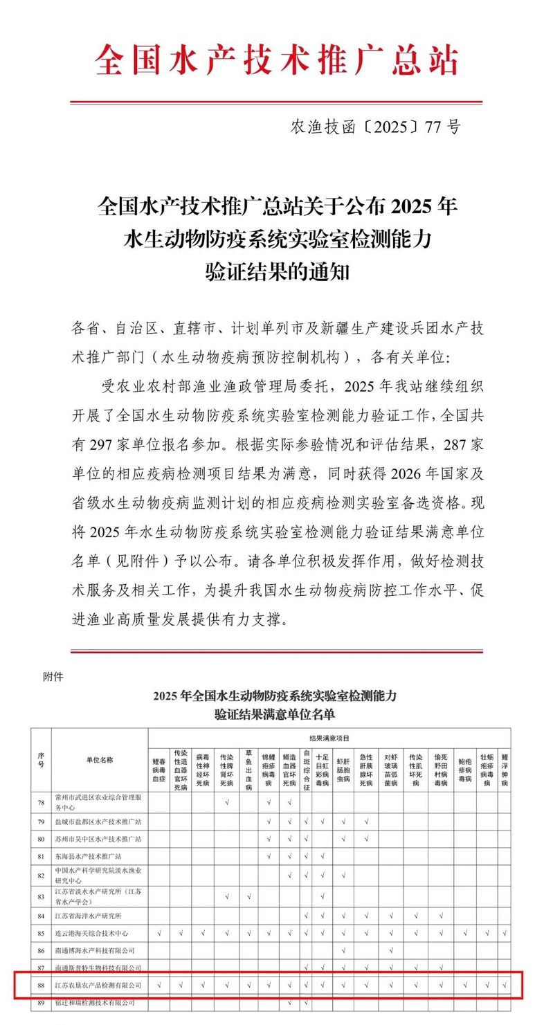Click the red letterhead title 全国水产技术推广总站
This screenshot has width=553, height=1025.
[276, 60]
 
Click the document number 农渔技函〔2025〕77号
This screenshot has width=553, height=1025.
[375, 127]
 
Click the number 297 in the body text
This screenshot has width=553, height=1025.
[106, 443]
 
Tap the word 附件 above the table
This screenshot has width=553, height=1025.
[53, 677]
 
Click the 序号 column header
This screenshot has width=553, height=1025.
[41, 760]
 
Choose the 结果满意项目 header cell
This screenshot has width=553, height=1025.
[329, 738]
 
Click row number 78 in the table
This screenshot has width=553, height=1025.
[41, 802]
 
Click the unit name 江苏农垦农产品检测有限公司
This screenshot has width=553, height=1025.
[98, 984]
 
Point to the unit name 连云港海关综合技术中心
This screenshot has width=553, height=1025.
[91, 933]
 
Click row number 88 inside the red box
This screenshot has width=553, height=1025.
[41, 984]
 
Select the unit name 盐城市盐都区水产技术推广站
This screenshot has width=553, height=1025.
[98, 822]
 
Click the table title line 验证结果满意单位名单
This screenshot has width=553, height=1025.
[275, 714]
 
